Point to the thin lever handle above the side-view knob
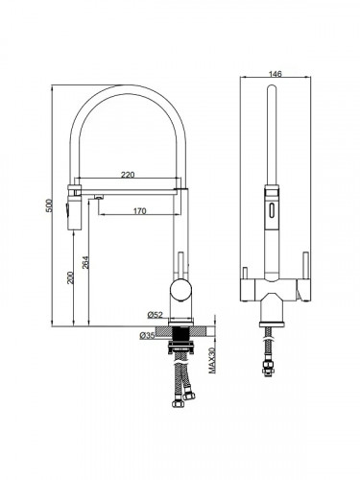coord(179,261)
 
